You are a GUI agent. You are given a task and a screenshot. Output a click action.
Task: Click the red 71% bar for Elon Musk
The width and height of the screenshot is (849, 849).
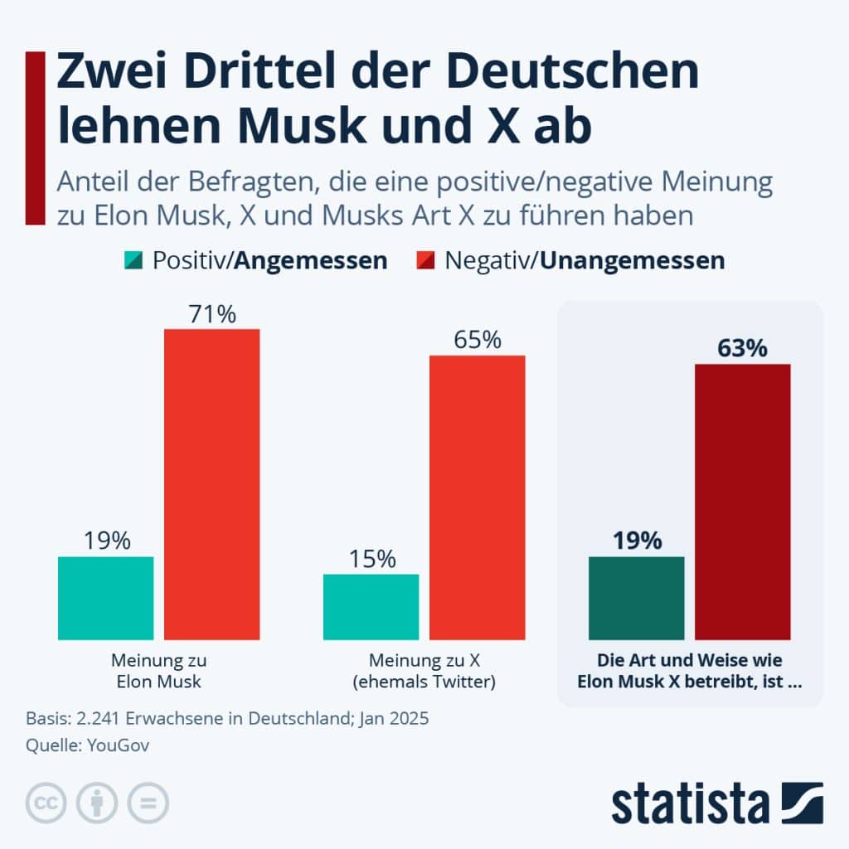[x=211, y=484]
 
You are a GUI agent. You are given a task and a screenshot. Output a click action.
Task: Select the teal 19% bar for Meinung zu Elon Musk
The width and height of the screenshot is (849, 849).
[x=105, y=598]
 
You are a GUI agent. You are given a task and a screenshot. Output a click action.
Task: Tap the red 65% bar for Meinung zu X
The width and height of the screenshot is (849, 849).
[x=477, y=497]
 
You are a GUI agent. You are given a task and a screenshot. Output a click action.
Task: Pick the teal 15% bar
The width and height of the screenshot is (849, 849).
[x=371, y=607]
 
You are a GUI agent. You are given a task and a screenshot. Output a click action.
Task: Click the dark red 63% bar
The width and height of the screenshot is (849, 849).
[x=742, y=502]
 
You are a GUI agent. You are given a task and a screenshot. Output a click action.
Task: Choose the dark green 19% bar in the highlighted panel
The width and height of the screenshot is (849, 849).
[x=636, y=598]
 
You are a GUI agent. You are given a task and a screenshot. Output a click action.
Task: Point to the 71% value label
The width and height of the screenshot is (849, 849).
[x=211, y=314]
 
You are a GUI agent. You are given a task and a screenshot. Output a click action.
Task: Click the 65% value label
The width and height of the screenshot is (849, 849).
[x=477, y=340]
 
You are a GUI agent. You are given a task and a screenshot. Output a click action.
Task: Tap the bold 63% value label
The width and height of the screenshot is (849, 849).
[x=742, y=349]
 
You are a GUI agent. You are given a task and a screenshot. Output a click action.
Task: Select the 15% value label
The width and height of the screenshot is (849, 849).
[x=371, y=559]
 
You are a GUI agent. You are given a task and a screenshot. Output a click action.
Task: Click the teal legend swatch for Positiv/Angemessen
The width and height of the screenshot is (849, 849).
[x=133, y=260]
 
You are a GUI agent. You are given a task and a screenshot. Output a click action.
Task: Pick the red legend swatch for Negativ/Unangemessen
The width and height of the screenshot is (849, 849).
[x=424, y=260]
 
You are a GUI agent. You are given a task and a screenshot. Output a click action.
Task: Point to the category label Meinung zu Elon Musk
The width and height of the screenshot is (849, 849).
[x=158, y=672]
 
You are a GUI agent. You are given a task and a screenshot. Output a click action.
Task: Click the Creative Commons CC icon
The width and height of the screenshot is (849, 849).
[x=46, y=803]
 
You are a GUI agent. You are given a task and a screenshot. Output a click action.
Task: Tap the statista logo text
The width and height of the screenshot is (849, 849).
[x=691, y=805]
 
